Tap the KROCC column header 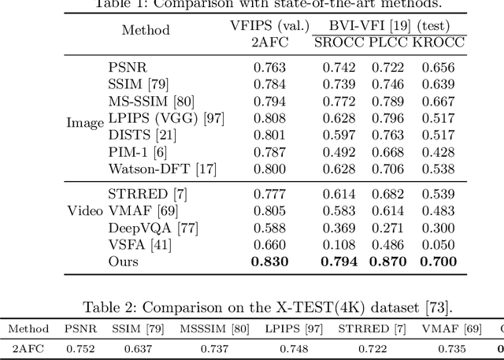[437, 42]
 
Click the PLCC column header [387, 42]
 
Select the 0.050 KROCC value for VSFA [437, 244]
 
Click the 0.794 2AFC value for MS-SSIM [269, 101]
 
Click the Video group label [84, 210]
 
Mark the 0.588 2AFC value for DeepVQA [269, 228]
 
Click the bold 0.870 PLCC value [387, 261]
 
